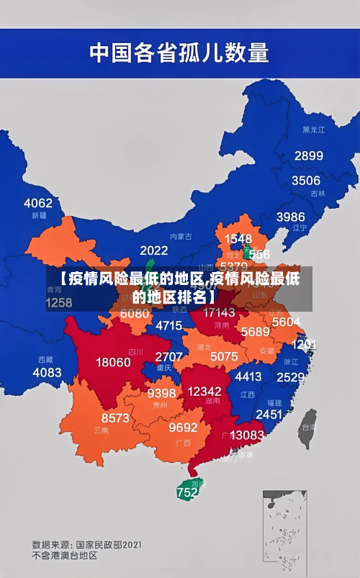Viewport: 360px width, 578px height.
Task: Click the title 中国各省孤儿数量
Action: (x=179, y=52)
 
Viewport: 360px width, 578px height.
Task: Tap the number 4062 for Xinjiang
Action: (x=38, y=203)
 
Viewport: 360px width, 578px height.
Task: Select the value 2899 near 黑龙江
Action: (x=308, y=155)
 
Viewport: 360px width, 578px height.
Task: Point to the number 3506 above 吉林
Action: (x=305, y=181)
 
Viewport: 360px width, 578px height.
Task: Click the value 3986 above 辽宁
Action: (x=290, y=217)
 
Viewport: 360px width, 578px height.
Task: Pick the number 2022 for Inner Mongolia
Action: (x=153, y=250)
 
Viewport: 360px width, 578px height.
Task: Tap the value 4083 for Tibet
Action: (x=48, y=372)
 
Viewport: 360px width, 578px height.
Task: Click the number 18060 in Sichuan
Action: (x=114, y=362)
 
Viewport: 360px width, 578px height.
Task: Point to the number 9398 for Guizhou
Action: (x=161, y=393)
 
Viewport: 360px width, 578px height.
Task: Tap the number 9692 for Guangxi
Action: (x=183, y=428)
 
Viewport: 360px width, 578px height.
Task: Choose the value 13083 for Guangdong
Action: (x=247, y=435)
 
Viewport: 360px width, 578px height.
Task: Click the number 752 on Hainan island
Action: (x=186, y=493)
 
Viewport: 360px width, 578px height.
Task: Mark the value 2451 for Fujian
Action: (x=269, y=414)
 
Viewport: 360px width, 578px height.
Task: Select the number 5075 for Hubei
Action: (x=224, y=356)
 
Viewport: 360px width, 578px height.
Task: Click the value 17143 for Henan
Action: (x=219, y=312)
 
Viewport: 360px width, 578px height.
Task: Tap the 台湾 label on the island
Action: (x=307, y=426)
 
